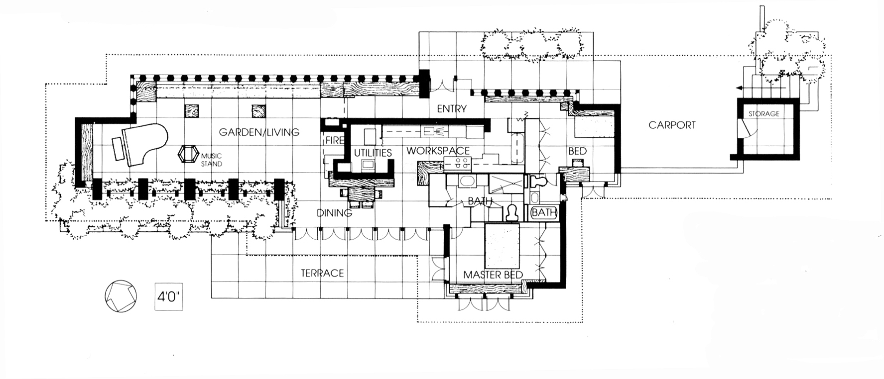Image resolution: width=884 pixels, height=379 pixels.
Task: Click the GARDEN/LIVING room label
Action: coord(259,132)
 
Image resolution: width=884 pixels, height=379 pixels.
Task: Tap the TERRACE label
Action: coord(322,273)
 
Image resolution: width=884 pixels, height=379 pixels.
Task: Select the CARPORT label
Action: coord(672,125)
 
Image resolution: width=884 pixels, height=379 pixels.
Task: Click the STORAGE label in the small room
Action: coord(763,114)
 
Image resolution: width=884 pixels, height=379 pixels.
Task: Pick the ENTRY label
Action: coord(452,109)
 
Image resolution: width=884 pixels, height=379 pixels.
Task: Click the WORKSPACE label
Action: coord(438,150)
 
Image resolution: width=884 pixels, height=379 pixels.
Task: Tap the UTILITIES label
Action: coord(373,153)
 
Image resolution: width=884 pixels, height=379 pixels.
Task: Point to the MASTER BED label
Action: coord(493,275)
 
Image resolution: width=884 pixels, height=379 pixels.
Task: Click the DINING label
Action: coord(335,213)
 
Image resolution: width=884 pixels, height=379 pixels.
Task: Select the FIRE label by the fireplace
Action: coord(335,140)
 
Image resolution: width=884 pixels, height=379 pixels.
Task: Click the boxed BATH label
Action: coord(543,213)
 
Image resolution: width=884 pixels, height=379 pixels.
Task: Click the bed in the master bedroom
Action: coord(503,245)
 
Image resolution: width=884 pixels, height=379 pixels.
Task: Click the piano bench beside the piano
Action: coord(118,149)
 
